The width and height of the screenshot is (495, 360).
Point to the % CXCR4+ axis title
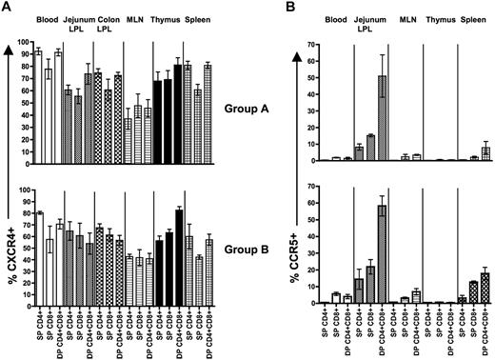pyautogui.click(x=11, y=190)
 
